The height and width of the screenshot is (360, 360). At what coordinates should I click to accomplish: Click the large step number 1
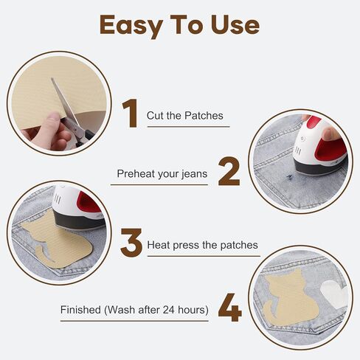tap(130, 113)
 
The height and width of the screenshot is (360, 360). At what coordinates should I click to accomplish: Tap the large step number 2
tap(229, 171)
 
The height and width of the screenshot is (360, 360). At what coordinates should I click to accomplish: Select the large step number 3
tap(131, 243)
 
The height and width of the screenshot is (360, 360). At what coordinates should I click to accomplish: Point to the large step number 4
tap(229, 308)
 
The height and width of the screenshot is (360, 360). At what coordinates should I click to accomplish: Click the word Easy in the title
tap(131, 26)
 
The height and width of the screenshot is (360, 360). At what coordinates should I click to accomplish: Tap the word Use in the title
tap(235, 24)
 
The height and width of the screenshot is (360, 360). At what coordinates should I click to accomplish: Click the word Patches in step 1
tap(204, 115)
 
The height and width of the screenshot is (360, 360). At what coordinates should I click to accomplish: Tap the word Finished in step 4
tap(80, 309)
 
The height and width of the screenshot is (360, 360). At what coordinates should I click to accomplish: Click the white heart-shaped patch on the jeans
tap(334, 294)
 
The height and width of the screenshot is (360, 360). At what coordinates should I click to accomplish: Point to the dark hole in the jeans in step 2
tap(289, 176)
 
